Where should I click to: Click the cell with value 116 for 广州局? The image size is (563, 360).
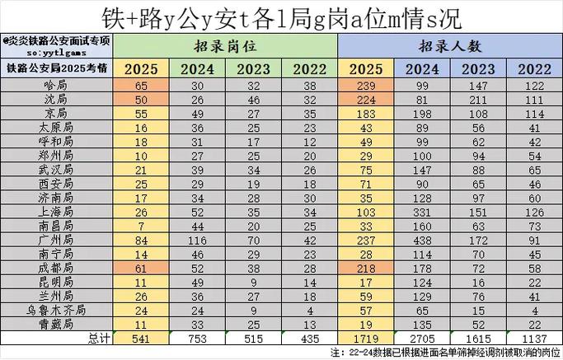coord(198,240)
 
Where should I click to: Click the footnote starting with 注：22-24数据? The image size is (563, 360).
coord(445,352)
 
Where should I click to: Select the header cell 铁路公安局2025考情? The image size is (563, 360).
coord(57,69)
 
